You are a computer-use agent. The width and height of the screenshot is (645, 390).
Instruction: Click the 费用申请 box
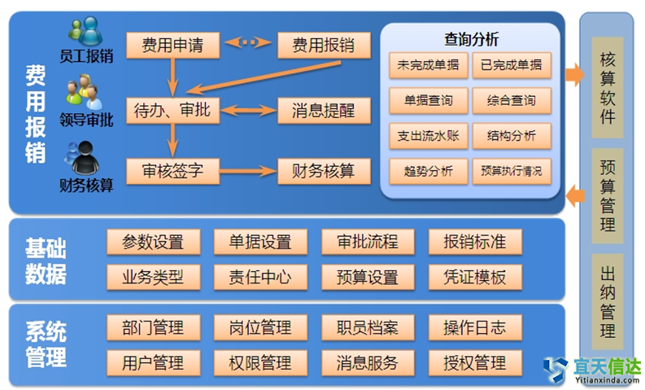pyautogui.click(x=172, y=45)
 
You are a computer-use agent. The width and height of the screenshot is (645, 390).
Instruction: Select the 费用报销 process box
pyautogui.click(x=323, y=45)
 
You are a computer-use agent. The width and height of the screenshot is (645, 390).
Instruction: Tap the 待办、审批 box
pyautogui.click(x=172, y=110)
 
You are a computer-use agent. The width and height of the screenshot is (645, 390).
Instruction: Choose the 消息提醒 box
pyautogui.click(x=323, y=110)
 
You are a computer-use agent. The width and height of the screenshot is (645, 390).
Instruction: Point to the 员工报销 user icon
pyautogui.click(x=85, y=31)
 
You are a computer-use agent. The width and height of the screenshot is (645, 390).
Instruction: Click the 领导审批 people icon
pyautogui.click(x=85, y=91)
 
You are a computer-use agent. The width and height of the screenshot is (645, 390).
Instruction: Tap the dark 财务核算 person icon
pyautogui.click(x=85, y=155)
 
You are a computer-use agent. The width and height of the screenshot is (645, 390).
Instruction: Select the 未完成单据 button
pyautogui.click(x=426, y=65)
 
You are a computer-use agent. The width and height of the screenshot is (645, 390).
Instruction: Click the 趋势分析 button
pyautogui.click(x=426, y=172)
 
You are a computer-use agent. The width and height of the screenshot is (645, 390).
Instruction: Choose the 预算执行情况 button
pyautogui.click(x=511, y=172)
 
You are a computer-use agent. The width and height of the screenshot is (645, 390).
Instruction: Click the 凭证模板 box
pyautogui.click(x=475, y=277)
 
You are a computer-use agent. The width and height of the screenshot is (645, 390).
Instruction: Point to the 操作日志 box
pyautogui.click(x=475, y=328)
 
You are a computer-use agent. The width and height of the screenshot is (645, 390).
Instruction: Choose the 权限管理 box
pyautogui.click(x=260, y=362)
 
